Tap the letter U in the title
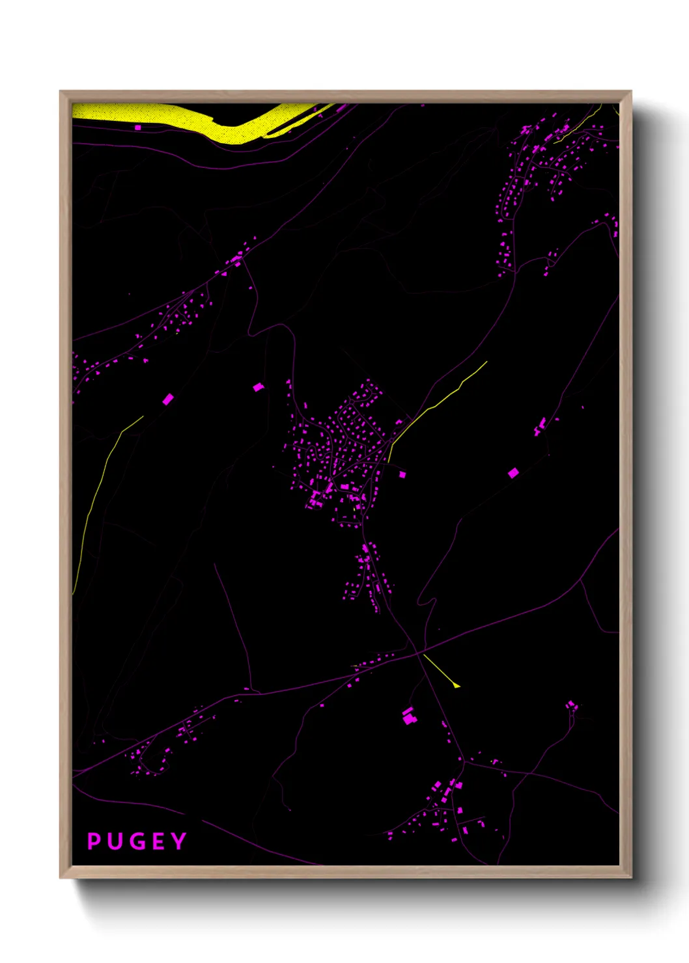click(x=115, y=841)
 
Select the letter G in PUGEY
click(x=137, y=841)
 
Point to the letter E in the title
click(x=158, y=841)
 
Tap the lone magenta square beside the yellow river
click(x=137, y=128)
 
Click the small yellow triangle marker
click(x=457, y=685)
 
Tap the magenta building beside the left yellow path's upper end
click(x=167, y=399)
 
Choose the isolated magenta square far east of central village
click(x=513, y=473)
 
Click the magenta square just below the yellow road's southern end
click(x=402, y=474)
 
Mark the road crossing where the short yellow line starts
click(x=423, y=655)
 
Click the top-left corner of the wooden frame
click(x=61, y=92)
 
